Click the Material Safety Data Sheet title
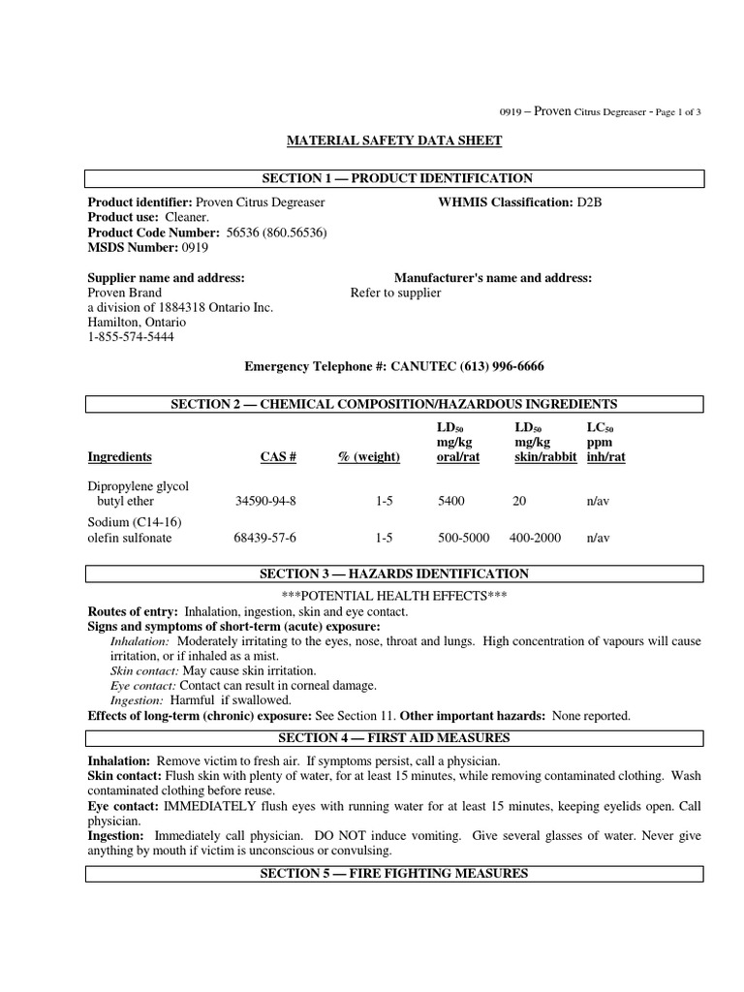point(394,140)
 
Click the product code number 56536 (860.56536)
point(276,233)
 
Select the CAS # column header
point(279,457)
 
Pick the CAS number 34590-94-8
point(265,502)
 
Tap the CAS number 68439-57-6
point(265,538)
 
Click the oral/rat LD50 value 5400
point(451,502)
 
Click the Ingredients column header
point(119,457)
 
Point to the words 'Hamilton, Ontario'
point(139,323)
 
